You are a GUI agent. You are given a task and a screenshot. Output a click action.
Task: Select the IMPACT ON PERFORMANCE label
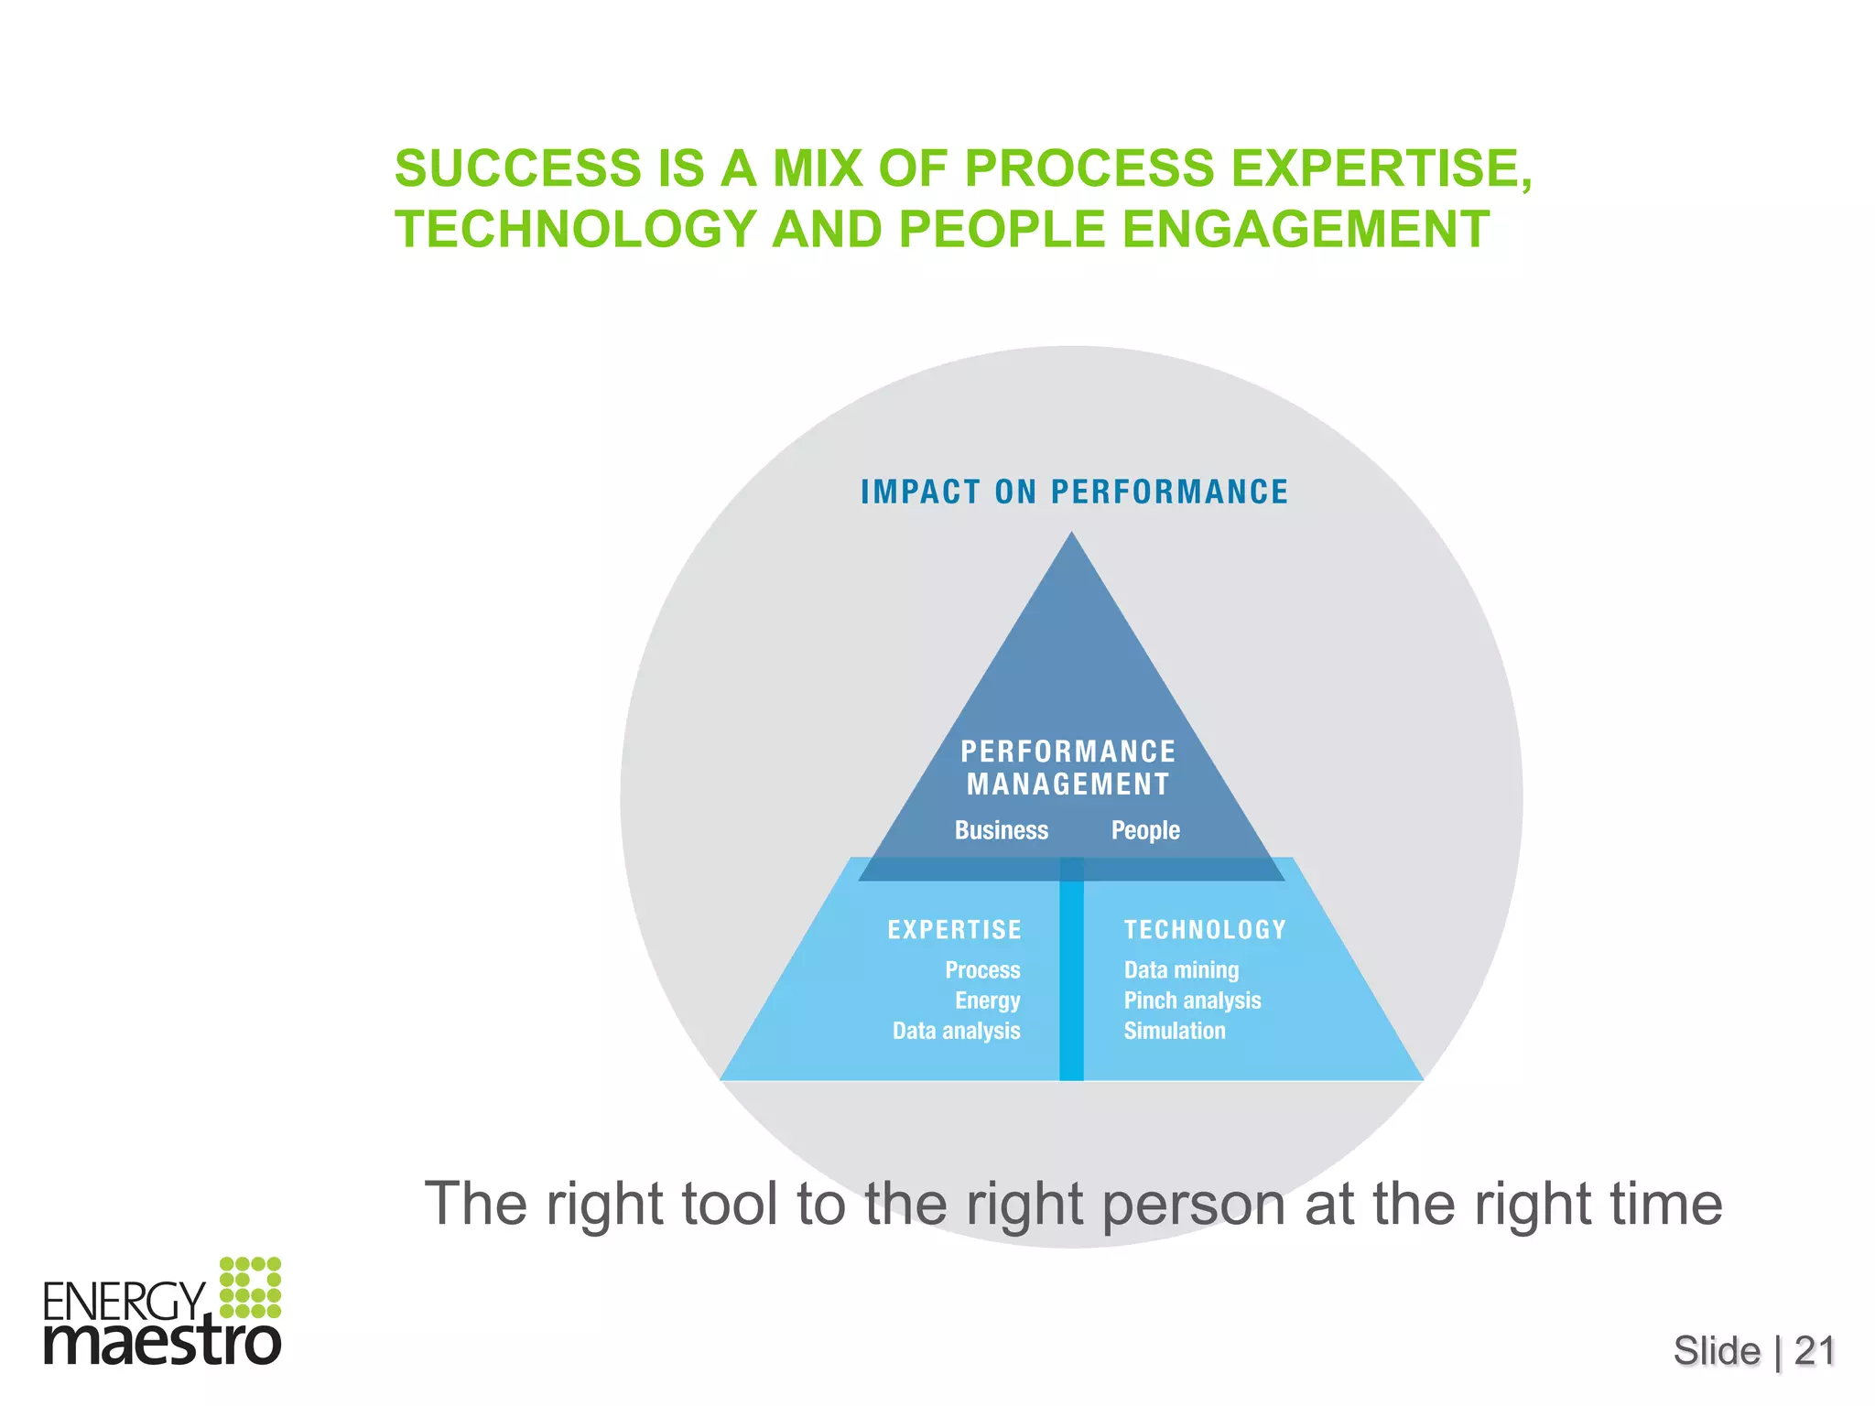click(1074, 492)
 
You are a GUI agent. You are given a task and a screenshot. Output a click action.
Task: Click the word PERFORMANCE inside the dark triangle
click(1068, 752)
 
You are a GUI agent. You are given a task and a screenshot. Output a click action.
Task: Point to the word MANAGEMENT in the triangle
click(1068, 784)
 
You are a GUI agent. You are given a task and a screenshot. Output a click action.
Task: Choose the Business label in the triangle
click(1002, 830)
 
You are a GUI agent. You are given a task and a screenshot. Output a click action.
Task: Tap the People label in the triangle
click(1145, 830)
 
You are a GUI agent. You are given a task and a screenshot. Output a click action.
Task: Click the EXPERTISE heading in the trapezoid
click(954, 930)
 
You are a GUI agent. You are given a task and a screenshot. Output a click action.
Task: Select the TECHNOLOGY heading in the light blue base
click(1205, 930)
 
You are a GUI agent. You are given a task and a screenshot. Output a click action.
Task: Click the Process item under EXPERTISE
click(982, 970)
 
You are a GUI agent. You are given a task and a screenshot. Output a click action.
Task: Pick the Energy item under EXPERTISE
click(988, 1000)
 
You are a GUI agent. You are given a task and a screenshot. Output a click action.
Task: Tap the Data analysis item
click(957, 1032)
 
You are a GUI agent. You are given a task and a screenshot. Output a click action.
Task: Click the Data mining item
click(1181, 970)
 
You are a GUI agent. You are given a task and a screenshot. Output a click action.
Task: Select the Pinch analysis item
click(1192, 1000)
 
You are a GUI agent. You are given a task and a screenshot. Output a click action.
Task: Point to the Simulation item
click(1175, 1032)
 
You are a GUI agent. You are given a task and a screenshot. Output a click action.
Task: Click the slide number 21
click(1815, 1351)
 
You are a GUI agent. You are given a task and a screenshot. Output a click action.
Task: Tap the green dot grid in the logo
click(250, 1287)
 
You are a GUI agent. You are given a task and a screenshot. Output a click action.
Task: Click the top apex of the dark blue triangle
click(1072, 536)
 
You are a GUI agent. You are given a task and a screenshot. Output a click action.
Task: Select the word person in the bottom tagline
click(1194, 1205)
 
